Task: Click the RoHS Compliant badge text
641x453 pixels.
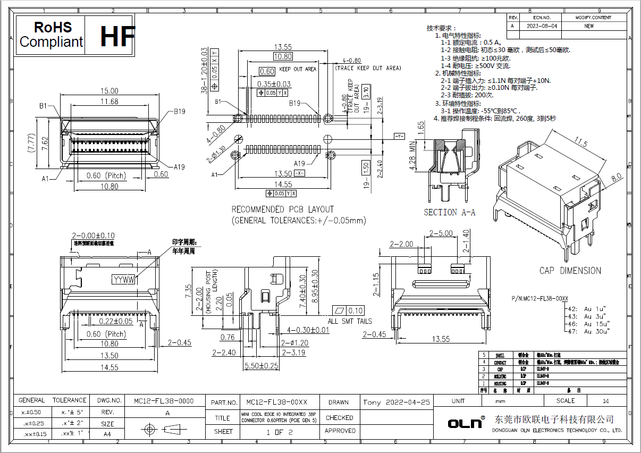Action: coord(51,35)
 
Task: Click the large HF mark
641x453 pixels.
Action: coord(116,36)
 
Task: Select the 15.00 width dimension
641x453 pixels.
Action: coord(110,91)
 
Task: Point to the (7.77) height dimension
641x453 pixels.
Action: coord(31,142)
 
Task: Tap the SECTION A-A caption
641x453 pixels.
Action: coord(449,212)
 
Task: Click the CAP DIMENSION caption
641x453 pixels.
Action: coord(570,271)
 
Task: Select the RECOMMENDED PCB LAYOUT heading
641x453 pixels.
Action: coord(283,209)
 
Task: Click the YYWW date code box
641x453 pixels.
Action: coord(124,279)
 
